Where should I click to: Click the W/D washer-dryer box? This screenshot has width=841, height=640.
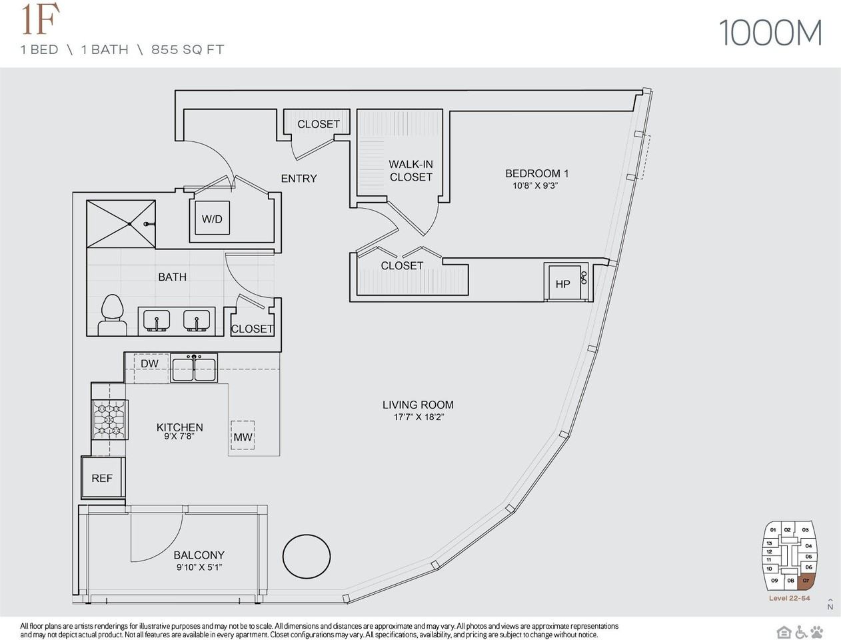pyautogui.click(x=213, y=218)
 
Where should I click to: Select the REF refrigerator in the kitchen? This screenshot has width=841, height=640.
pyautogui.click(x=103, y=477)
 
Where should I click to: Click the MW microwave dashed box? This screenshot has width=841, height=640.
pyautogui.click(x=243, y=436)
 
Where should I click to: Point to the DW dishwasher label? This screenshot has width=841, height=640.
pyautogui.click(x=149, y=364)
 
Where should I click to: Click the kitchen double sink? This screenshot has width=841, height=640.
pyautogui.click(x=194, y=368)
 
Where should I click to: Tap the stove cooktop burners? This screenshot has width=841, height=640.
pyautogui.click(x=109, y=419)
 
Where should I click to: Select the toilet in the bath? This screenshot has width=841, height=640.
pyautogui.click(x=112, y=315)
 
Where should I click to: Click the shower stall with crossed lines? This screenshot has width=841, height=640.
pyautogui.click(x=121, y=224)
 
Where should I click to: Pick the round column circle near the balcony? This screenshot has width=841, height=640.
pyautogui.click(x=307, y=556)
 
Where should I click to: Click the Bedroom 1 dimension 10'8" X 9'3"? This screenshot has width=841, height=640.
pyautogui.click(x=535, y=186)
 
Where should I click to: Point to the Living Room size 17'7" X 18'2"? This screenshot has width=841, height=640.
pyautogui.click(x=419, y=417)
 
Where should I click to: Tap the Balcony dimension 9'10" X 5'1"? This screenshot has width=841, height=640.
pyautogui.click(x=199, y=567)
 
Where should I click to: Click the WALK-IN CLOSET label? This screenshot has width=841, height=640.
pyautogui.click(x=411, y=171)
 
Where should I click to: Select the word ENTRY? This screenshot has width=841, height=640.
pyautogui.click(x=299, y=179)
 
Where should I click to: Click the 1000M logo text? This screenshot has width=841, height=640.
pyautogui.click(x=770, y=33)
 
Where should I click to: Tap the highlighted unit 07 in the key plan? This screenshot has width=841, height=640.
pyautogui.click(x=806, y=581)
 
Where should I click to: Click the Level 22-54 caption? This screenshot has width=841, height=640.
pyautogui.click(x=789, y=598)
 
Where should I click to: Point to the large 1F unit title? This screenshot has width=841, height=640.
pyautogui.click(x=41, y=20)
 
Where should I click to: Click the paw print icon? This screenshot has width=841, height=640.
pyautogui.click(x=816, y=631)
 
